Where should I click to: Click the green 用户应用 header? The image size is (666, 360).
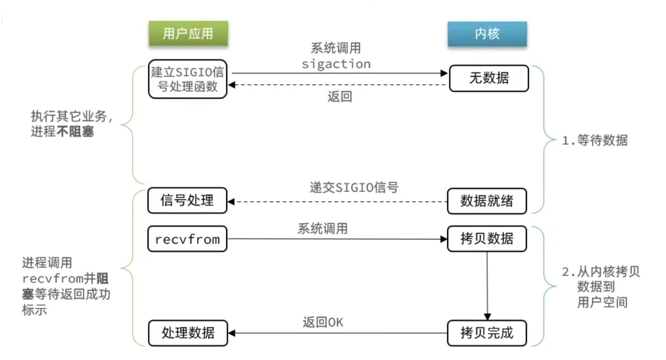(x=188, y=34)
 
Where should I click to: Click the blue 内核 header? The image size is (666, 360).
(x=487, y=34)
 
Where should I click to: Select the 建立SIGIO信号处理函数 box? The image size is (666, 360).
(x=187, y=79)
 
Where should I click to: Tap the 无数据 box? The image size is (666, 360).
(x=489, y=78)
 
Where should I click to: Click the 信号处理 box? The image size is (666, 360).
(x=187, y=200)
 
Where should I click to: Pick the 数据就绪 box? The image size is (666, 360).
(x=487, y=201)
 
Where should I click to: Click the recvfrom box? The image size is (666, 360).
(x=187, y=239)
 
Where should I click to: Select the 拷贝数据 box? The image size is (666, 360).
(x=487, y=239)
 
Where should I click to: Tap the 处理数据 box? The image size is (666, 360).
(x=188, y=333)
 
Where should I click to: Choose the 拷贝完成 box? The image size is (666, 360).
(x=487, y=333)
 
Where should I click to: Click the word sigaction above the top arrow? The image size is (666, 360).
(x=336, y=64)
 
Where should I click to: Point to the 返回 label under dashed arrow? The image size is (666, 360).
(x=340, y=96)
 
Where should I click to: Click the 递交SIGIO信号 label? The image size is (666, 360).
(x=354, y=187)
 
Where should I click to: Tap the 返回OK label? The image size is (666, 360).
(x=323, y=322)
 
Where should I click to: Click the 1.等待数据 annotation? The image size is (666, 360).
(x=595, y=140)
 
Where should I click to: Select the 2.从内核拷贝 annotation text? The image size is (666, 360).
(x=601, y=272)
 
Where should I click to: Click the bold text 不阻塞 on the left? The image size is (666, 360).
(x=75, y=132)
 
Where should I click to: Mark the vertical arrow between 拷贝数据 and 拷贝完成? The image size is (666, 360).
(x=487, y=284)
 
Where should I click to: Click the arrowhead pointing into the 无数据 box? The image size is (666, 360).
(x=444, y=73)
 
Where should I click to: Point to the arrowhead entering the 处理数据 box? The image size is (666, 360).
(x=232, y=333)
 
